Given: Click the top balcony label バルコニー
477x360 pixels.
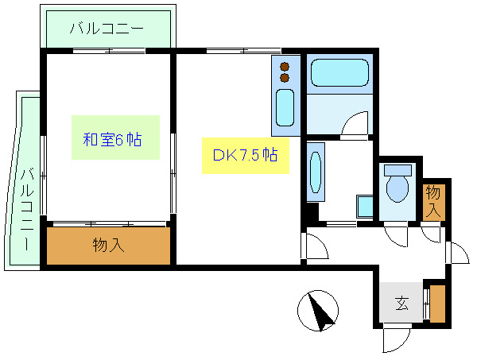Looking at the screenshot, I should point(106,29).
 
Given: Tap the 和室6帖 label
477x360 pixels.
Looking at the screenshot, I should point(113,140).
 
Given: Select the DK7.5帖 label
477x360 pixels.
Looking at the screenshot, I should point(244,155).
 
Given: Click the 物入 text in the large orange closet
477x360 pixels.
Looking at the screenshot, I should point(108,245).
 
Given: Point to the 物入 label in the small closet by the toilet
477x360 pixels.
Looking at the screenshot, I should point(433,201).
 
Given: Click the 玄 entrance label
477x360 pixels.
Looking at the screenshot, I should point(402,303).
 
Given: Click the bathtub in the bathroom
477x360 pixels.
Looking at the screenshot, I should point(339,74).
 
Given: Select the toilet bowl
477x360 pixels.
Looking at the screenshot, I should point(396,188).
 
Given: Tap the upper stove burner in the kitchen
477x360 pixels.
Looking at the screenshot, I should point(284,66).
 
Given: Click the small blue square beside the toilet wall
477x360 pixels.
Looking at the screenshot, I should point(365,206).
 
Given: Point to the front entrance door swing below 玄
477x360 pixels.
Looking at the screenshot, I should point(395,339).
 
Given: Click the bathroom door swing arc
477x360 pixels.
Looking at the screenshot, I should point(355,126).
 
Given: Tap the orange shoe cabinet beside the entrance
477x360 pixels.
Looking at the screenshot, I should point(436,304).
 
